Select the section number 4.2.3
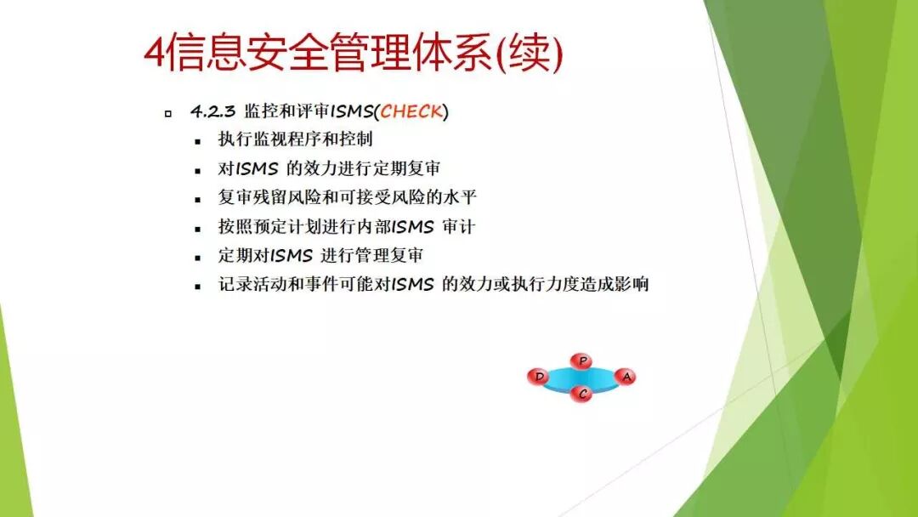[x=212, y=111]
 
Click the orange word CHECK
[x=412, y=111]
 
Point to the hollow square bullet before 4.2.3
[x=167, y=113]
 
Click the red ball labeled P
[x=582, y=361]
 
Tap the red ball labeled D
[x=539, y=377]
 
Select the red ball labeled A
[x=626, y=376]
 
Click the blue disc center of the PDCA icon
[x=582, y=378]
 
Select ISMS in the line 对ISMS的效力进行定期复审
[x=257, y=169]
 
